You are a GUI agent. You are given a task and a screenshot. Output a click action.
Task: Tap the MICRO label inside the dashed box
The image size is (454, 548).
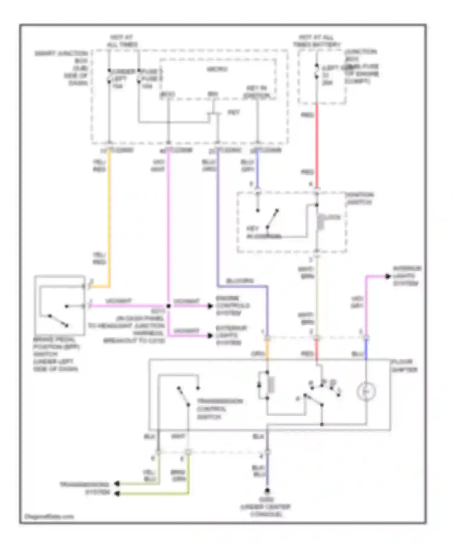(x=217, y=69)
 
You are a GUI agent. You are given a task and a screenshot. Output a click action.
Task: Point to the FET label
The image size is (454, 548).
(x=233, y=113)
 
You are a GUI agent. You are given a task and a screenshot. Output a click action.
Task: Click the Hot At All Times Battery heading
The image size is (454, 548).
(x=316, y=41)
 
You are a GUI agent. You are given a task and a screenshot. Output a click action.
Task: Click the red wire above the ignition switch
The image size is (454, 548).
(x=317, y=145)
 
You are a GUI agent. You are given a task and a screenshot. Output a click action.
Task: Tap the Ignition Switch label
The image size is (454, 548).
(x=360, y=198)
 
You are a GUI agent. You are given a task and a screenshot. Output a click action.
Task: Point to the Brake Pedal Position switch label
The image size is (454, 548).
(x=56, y=354)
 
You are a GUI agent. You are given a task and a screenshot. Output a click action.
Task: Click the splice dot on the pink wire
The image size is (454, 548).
(x=169, y=306)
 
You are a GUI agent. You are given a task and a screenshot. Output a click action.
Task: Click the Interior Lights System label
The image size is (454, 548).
(x=407, y=276)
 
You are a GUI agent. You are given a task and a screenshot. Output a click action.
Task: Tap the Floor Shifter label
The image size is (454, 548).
(x=404, y=366)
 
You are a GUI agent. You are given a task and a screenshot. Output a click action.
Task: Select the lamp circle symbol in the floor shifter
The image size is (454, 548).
(x=366, y=392)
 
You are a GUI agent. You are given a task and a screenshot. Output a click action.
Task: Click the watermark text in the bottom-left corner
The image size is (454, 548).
(x=48, y=516)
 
